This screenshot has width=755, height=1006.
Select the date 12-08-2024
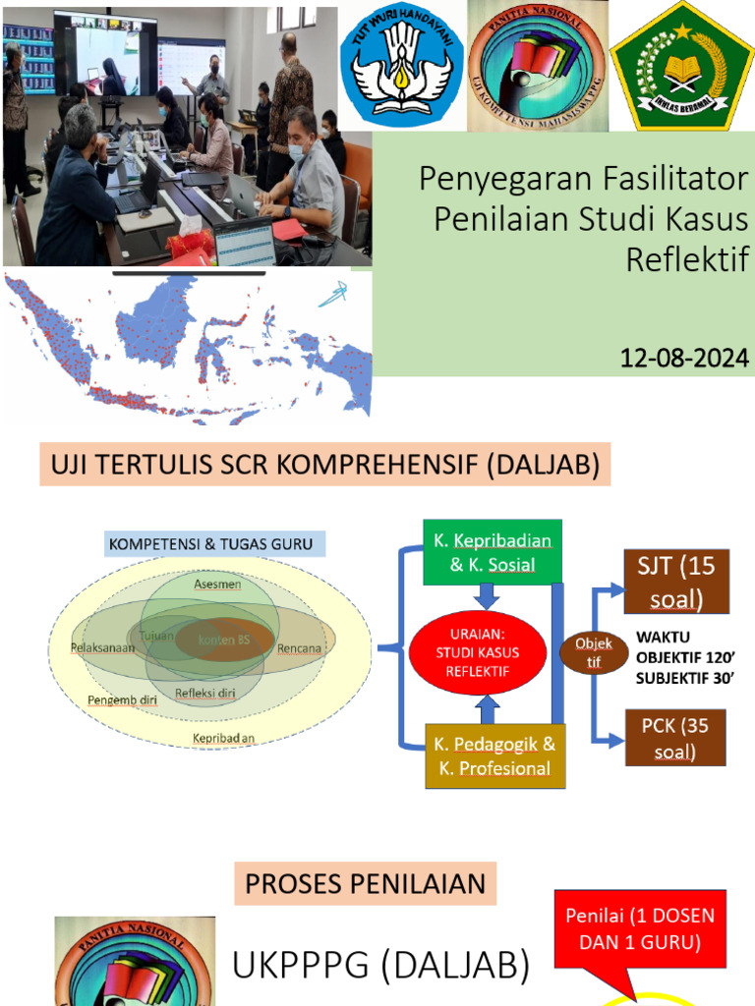point(684,360)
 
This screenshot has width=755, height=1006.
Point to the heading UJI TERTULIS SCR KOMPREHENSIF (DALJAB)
point(325,465)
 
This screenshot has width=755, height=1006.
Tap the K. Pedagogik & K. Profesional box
point(495,755)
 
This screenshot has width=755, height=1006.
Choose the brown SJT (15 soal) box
point(675,582)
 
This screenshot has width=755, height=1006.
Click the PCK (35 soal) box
point(675,739)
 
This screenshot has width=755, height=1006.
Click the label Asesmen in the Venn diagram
point(217,584)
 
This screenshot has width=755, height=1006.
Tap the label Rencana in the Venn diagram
point(300,648)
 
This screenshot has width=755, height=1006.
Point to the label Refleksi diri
point(205,694)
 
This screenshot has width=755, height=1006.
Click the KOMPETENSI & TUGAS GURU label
point(218,543)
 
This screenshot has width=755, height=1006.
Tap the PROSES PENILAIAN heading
point(366,883)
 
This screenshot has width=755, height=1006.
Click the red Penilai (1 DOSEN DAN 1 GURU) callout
point(640,928)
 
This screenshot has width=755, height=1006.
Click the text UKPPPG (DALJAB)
point(381,967)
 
